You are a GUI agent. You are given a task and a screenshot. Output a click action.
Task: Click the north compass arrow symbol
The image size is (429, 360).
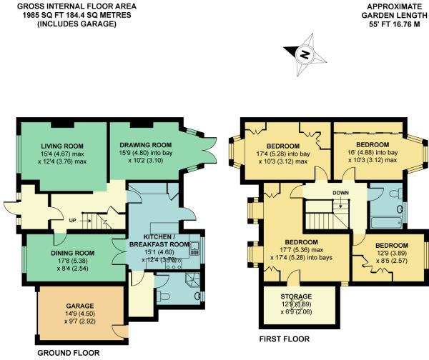pyautogui.click(x=303, y=54)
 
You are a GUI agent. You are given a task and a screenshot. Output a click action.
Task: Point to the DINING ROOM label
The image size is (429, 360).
pyautogui.click(x=72, y=252)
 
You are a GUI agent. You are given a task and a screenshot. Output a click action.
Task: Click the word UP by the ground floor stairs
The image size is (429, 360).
pyautogui.click(x=71, y=220)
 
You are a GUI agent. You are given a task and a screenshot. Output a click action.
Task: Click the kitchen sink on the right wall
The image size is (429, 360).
pyautogui.click(x=194, y=248)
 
